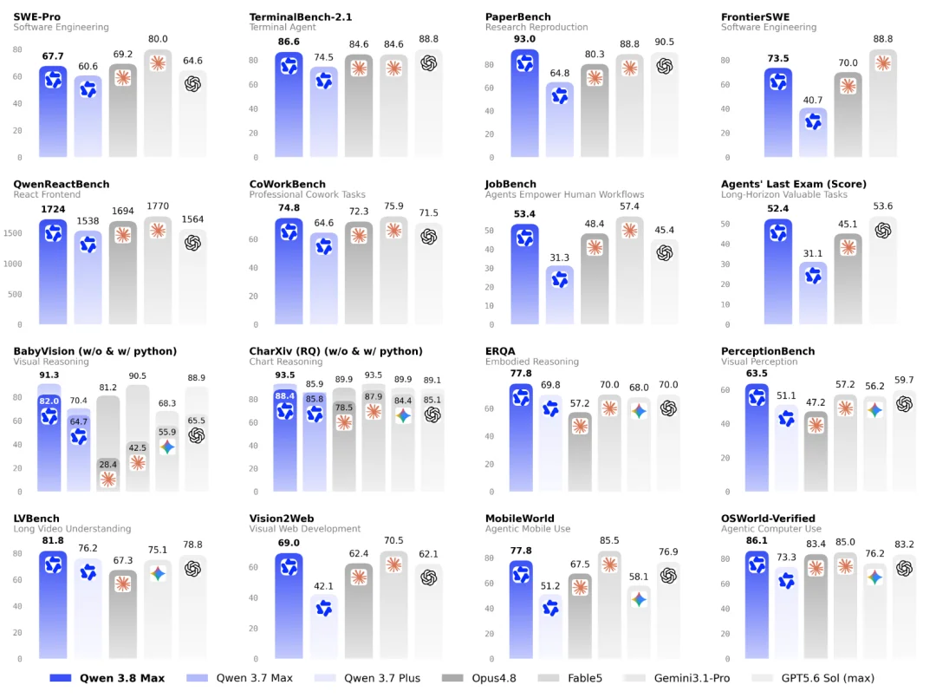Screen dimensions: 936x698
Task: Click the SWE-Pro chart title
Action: click(x=37, y=16)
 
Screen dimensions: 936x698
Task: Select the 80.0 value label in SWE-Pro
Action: click(x=158, y=39)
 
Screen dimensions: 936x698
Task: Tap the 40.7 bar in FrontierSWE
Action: click(x=813, y=133)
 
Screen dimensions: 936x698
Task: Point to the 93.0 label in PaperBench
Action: click(x=524, y=39)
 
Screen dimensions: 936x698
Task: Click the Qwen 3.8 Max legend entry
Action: click(x=107, y=678)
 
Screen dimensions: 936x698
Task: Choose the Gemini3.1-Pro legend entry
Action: click(x=676, y=678)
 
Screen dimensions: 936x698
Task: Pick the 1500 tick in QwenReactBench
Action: click(x=13, y=233)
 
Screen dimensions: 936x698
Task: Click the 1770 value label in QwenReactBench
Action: click(x=158, y=206)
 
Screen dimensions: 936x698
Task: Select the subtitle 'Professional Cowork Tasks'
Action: click(x=307, y=194)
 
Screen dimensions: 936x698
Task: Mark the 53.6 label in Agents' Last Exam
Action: click(x=883, y=206)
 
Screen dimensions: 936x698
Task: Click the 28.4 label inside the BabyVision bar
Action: click(x=108, y=464)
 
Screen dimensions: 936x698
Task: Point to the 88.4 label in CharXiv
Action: click(x=285, y=396)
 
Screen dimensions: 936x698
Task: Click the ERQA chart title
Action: click(x=500, y=351)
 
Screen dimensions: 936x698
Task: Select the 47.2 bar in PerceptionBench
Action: click(x=816, y=452)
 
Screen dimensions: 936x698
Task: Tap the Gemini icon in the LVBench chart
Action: click(x=158, y=574)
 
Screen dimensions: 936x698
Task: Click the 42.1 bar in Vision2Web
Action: click(x=323, y=626)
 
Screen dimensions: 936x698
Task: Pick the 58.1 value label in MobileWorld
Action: click(x=639, y=577)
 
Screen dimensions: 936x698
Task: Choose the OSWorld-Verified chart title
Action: click(x=768, y=519)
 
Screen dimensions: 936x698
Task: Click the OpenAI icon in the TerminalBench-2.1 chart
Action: click(x=429, y=63)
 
